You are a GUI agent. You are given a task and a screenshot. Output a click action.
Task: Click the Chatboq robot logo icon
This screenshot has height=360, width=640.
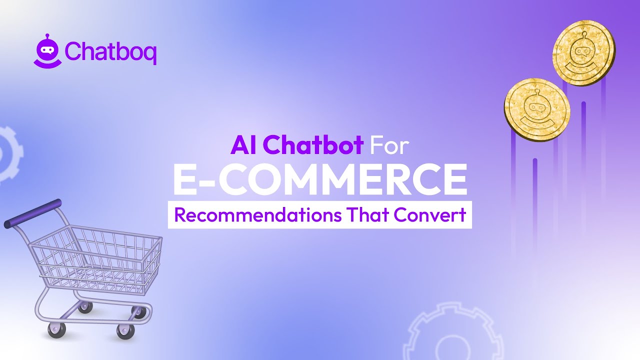47,50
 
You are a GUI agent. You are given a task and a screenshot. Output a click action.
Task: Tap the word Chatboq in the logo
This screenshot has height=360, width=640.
110,51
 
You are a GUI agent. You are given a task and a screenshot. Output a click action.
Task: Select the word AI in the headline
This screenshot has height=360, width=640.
243,145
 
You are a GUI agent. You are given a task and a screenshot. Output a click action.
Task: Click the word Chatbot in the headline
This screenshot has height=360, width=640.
313,145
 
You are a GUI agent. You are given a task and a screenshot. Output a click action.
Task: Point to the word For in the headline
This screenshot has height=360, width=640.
389,145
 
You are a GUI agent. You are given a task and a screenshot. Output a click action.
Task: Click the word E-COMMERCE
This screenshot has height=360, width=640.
320,179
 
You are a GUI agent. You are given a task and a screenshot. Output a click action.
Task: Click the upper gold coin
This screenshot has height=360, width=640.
583,53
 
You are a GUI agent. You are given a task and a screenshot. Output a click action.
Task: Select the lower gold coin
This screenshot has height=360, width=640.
537,109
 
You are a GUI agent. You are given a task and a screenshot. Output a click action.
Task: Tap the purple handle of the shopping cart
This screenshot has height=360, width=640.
33,213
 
